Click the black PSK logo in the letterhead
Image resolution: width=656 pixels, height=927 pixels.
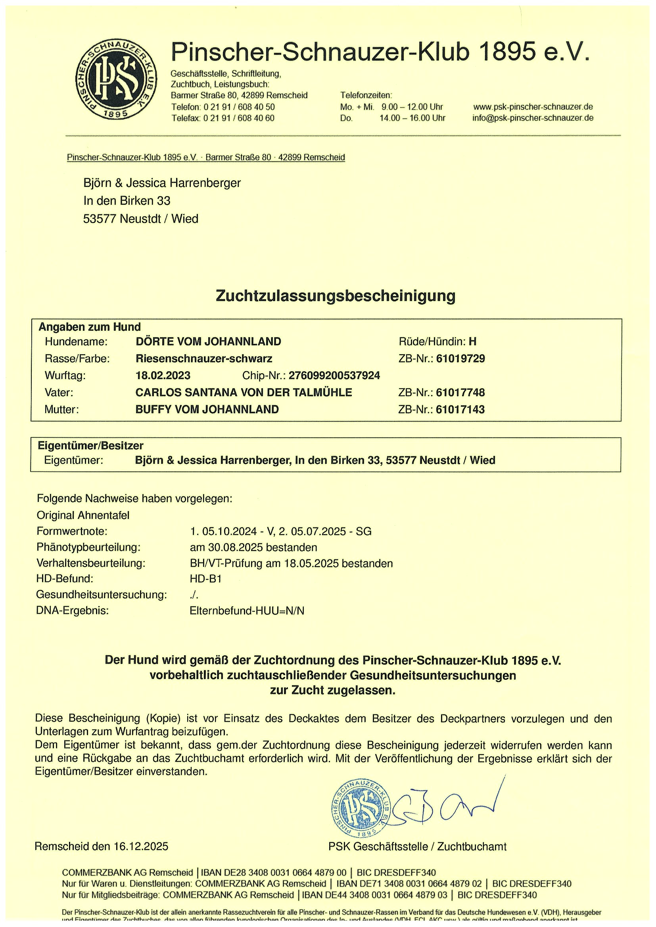[117, 80]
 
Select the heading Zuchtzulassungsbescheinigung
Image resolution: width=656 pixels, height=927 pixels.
[336, 296]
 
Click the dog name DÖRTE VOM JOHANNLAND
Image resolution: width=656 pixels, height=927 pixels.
[208, 341]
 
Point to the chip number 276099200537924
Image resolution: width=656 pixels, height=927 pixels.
[334, 376]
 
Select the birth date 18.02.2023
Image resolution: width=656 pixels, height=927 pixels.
[163, 376]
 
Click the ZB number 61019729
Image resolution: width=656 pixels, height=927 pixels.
[460, 359]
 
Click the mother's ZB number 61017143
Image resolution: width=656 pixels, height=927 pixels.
[460, 409]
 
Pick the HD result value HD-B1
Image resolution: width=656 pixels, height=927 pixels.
[206, 578]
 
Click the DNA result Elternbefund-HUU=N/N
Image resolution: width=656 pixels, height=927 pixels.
[247, 610]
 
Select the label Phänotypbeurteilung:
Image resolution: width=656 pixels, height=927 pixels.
[88, 547]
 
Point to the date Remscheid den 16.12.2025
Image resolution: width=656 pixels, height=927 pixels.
[102, 847]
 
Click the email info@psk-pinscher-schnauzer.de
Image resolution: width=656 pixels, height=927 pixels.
[533, 118]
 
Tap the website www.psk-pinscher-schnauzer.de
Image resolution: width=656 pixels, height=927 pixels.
[533, 107]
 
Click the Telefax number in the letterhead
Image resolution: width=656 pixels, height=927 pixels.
[223, 118]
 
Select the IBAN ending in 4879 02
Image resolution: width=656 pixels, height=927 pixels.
[409, 884]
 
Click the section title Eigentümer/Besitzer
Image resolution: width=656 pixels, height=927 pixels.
[90, 446]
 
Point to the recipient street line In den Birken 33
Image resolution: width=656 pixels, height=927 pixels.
[127, 201]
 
